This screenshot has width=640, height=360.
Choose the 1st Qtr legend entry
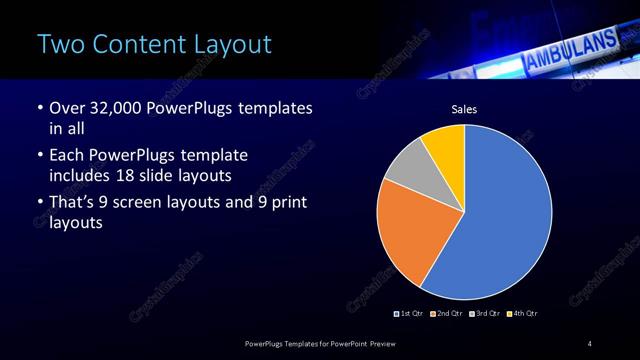tap(410, 314)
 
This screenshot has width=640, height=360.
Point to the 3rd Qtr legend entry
tap(485, 314)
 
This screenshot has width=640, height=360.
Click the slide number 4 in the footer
tap(590, 345)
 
